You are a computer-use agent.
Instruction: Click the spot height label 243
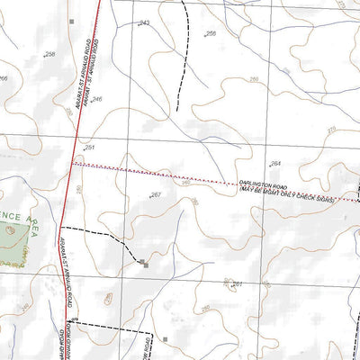pyautogui.click(x=144, y=22)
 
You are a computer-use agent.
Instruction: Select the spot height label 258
pyautogui.click(x=49, y=55)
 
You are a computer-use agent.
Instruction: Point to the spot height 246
pyautogui.click(x=96, y=99)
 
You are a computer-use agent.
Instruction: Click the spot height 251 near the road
pyautogui.click(x=89, y=147)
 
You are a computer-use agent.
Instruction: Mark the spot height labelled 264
pyautogui.click(x=275, y=163)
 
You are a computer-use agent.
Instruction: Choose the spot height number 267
pyautogui.click(x=155, y=194)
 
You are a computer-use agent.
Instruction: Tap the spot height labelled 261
pyautogui.click(x=238, y=284)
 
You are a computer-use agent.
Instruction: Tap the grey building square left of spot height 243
pyautogui.click(x=73, y=19)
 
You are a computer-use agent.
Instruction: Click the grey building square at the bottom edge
pyautogui.click(x=165, y=339)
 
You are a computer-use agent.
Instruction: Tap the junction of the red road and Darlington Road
pyautogui.click(x=72, y=165)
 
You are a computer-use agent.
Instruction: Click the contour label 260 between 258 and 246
pyautogui.click(x=68, y=112)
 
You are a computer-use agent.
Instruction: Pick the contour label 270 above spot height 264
pyautogui.click(x=330, y=131)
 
